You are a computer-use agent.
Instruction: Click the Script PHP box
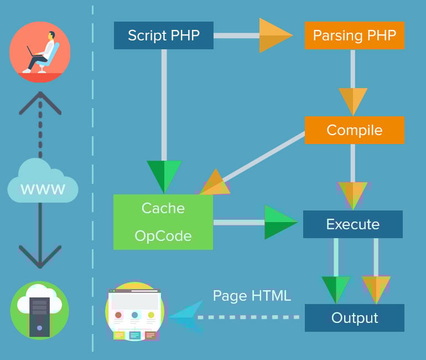[163, 35]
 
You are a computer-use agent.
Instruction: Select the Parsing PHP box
[354, 35]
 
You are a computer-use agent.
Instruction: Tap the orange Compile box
[354, 130]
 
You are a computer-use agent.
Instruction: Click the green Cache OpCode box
[163, 222]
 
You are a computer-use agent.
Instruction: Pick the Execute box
[353, 224]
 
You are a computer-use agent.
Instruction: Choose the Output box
[354, 318]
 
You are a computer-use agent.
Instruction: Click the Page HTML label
[252, 296]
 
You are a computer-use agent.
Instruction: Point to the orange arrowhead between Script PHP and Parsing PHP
[274, 35]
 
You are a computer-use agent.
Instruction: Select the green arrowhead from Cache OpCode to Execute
[280, 222]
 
